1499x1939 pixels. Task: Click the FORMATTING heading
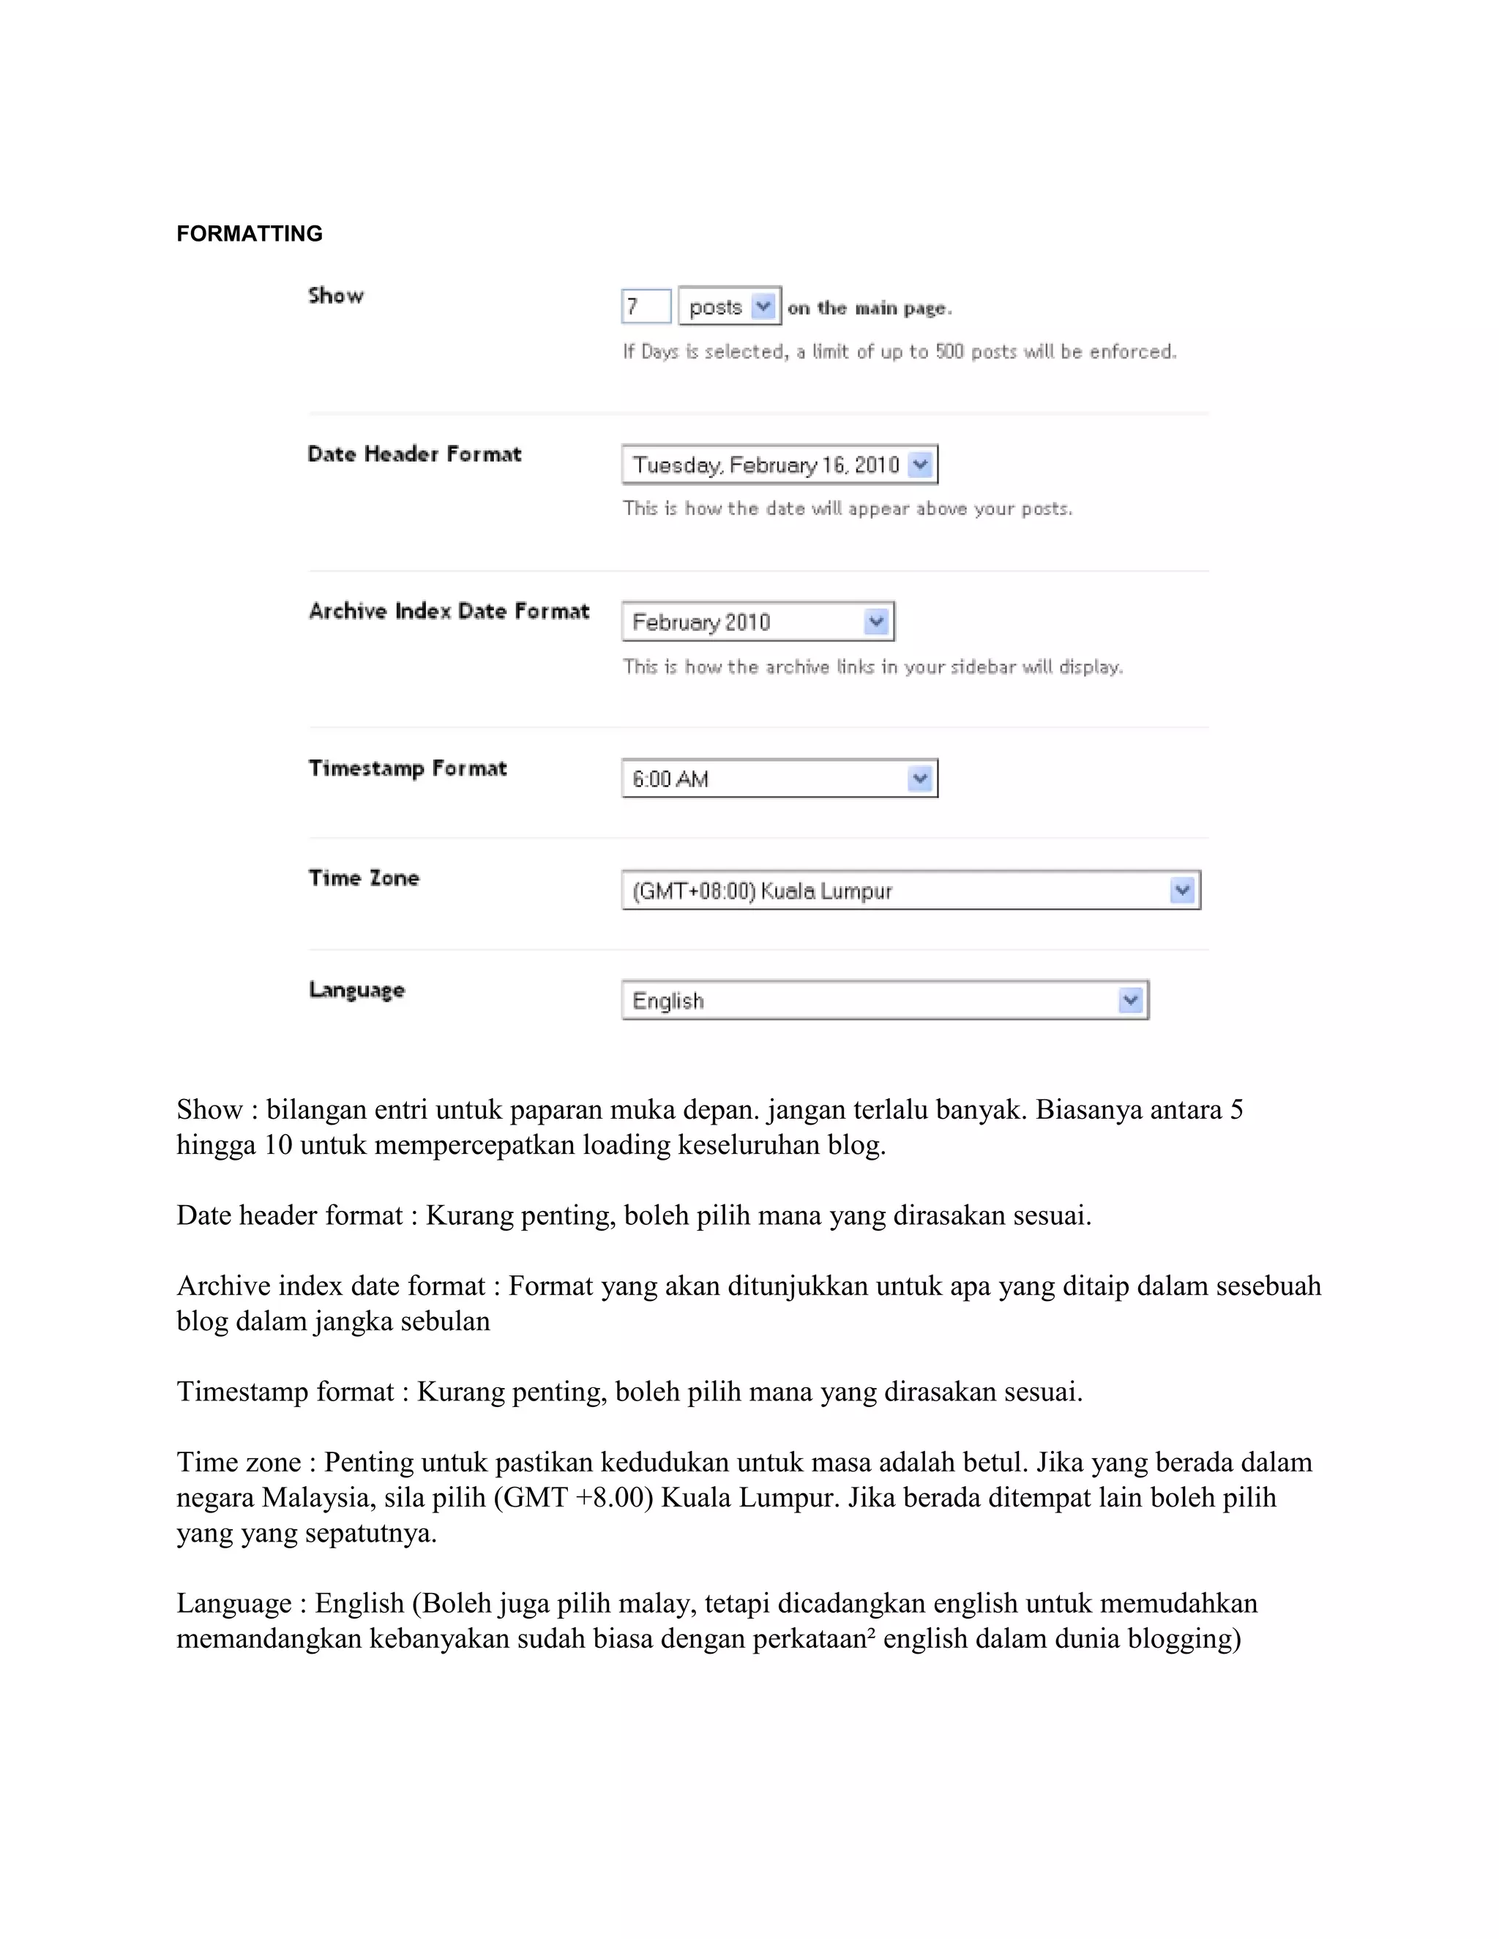pos(250,233)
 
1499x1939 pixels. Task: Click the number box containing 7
pos(646,307)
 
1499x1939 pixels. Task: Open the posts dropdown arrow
pos(763,307)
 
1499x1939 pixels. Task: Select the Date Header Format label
pos(414,454)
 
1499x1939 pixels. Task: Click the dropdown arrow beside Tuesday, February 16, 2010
pos(921,465)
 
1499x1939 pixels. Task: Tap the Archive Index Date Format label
pos(449,612)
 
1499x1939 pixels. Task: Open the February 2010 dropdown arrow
pos(876,621)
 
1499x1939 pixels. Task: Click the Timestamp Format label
pos(408,769)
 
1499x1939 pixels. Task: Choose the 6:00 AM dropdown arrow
pos(920,779)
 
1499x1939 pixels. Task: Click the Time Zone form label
pos(363,878)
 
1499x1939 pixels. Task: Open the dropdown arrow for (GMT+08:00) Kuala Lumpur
pos(1182,890)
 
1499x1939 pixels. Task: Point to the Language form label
pos(356,990)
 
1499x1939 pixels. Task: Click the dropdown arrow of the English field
pos(1130,1000)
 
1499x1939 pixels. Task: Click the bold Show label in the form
pos(336,296)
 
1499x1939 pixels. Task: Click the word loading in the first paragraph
pos(626,1144)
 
